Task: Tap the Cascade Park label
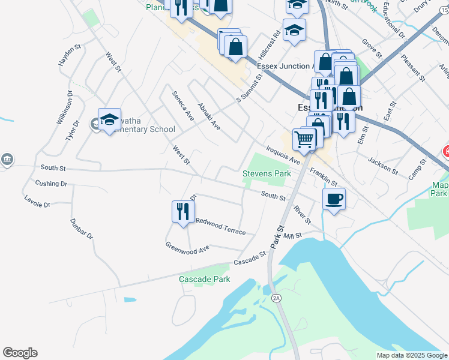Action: (204, 280)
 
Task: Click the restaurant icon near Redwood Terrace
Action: (181, 211)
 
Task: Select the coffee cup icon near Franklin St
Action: (334, 199)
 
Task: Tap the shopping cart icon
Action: (304, 139)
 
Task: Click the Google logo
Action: (20, 353)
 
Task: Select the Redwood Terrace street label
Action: (220, 227)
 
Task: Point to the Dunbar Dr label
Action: (82, 229)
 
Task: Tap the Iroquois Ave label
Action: (282, 154)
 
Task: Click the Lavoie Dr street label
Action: (37, 201)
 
